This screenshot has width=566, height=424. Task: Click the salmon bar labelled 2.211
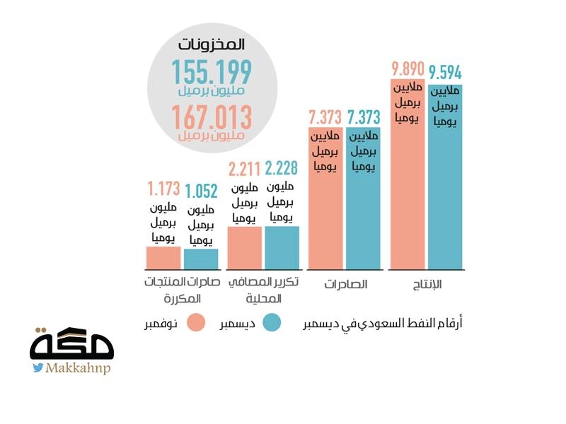click(244, 247)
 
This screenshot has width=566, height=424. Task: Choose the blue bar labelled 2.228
click(282, 247)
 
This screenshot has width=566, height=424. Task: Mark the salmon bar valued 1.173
click(163, 258)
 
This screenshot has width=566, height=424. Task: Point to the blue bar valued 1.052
click(201, 259)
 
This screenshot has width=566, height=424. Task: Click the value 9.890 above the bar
click(407, 69)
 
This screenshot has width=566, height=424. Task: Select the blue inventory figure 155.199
click(211, 73)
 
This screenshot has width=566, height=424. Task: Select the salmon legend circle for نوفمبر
click(197, 322)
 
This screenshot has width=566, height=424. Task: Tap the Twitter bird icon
click(37, 367)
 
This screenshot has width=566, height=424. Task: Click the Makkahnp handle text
click(78, 368)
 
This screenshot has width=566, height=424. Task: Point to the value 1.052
click(202, 192)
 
